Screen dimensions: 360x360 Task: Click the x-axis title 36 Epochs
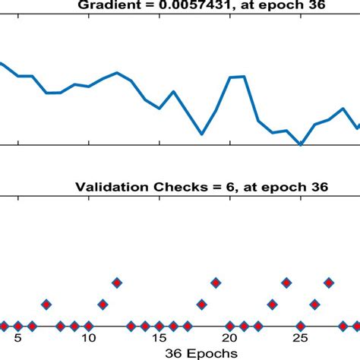pos(204,353)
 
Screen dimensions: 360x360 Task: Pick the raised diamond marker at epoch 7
pos(46,305)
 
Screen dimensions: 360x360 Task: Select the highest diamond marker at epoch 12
pos(117,283)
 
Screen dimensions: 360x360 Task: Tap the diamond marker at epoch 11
pos(103,305)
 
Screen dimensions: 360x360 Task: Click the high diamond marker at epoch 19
pos(216,283)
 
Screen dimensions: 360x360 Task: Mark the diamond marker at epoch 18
pos(201,305)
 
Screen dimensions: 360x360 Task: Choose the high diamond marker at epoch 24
pos(286,283)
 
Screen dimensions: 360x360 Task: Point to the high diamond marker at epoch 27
pos(328,283)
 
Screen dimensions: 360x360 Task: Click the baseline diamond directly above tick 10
pos(89,326)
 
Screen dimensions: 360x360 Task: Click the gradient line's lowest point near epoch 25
pos(301,144)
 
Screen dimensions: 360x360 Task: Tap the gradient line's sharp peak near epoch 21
pos(244,76)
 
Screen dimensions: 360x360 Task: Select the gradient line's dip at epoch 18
pos(202,134)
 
